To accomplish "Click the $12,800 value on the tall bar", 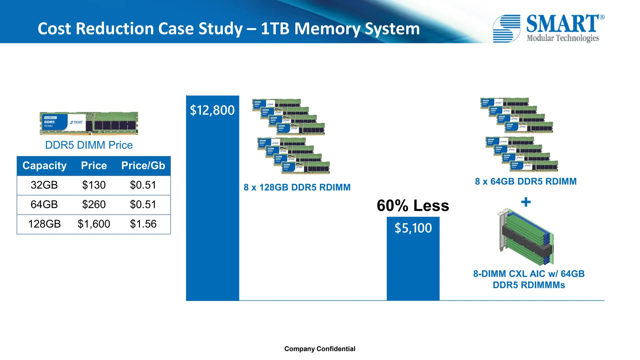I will [212, 110].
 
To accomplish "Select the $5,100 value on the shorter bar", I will [413, 228].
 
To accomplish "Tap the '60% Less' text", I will [412, 206].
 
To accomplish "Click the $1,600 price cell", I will [94, 224].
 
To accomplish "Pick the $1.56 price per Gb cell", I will [143, 224].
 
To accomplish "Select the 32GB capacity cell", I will [44, 185].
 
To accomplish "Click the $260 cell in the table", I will [94, 205].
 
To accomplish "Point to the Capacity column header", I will [44, 166].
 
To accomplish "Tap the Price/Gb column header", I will [143, 166].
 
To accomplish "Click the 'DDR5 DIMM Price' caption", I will [89, 145].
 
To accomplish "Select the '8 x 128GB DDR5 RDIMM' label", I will [297, 187].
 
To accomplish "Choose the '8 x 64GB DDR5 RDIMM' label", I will [526, 182].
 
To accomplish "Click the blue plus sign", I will [526, 202].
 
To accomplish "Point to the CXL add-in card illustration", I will [526, 237].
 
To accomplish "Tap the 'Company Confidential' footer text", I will [320, 349].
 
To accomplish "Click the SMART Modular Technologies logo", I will [548, 28].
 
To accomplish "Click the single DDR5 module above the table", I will [89, 123].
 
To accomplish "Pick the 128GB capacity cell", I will [44, 224].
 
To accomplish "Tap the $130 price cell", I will [94, 185].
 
